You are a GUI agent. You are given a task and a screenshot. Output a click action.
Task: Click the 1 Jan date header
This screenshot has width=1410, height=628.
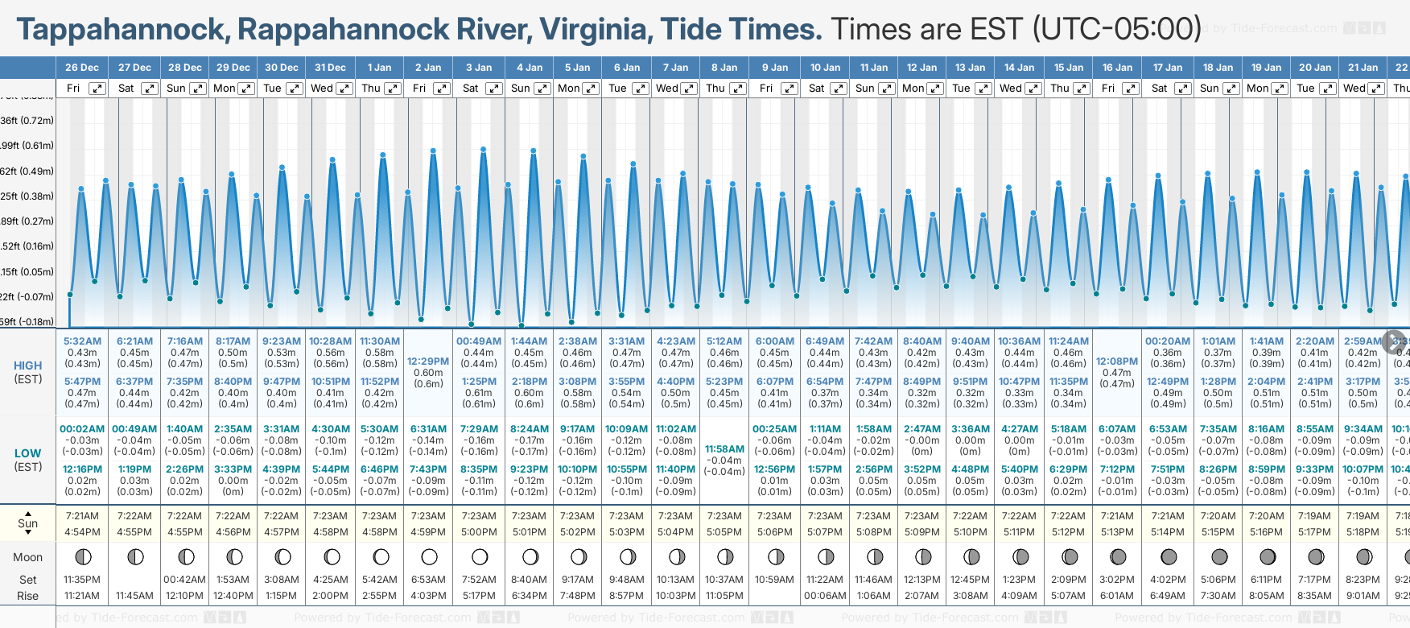(379, 68)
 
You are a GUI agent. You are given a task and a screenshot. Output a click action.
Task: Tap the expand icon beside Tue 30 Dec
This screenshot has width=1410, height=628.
(295, 89)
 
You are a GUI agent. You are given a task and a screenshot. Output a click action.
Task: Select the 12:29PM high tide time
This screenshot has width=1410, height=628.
(428, 362)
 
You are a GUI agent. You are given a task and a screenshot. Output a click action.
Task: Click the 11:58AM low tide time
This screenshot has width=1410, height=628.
(724, 449)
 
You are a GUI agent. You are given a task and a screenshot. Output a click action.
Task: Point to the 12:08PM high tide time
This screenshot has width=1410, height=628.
(1117, 362)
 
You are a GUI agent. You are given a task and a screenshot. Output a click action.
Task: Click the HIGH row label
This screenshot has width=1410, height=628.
(27, 366)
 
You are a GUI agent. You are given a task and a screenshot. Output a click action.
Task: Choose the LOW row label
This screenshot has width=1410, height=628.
(27, 453)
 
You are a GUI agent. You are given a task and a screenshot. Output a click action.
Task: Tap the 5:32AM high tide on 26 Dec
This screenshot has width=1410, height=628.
(82, 341)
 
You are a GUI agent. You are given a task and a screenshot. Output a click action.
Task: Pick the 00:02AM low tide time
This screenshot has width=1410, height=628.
(82, 429)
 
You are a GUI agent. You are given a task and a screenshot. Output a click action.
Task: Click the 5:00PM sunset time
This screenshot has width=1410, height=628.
(479, 532)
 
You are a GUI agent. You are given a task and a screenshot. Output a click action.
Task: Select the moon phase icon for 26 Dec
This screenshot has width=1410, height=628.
(82, 556)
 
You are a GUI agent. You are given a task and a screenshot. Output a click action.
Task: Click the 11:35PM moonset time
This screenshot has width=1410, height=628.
(82, 580)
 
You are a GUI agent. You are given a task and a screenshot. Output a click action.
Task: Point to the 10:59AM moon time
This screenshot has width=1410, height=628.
(774, 580)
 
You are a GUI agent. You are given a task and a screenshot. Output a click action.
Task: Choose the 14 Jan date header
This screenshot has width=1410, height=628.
(1019, 68)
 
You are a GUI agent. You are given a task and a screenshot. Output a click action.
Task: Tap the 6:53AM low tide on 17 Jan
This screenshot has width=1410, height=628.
(1168, 429)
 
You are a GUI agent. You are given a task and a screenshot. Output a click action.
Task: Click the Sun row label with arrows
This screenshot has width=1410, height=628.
(27, 523)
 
